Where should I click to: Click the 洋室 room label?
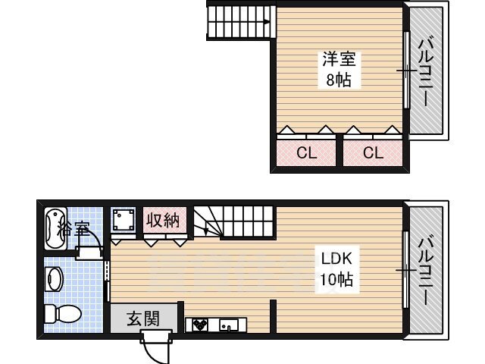pos(339,59)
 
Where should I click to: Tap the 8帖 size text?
pos(339,80)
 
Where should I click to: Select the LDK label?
pos(336,259)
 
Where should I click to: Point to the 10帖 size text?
pos(336,279)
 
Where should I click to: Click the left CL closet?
pos(306,153)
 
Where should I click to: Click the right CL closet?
pos(373,153)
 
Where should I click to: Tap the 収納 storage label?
pos(163,221)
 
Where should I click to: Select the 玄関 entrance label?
pos(143,318)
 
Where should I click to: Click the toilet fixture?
pos(63,314)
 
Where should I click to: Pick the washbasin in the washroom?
pos(55,279)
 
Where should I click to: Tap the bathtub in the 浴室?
pos(56,228)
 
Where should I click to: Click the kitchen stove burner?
pos(199,325)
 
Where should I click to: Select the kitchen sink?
pos(229,325)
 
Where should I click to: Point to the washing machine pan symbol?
pos(124,219)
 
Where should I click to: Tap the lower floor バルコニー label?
pos(426,271)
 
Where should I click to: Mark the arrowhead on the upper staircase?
pos(267,22)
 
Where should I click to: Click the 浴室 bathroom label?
pos(74,228)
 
